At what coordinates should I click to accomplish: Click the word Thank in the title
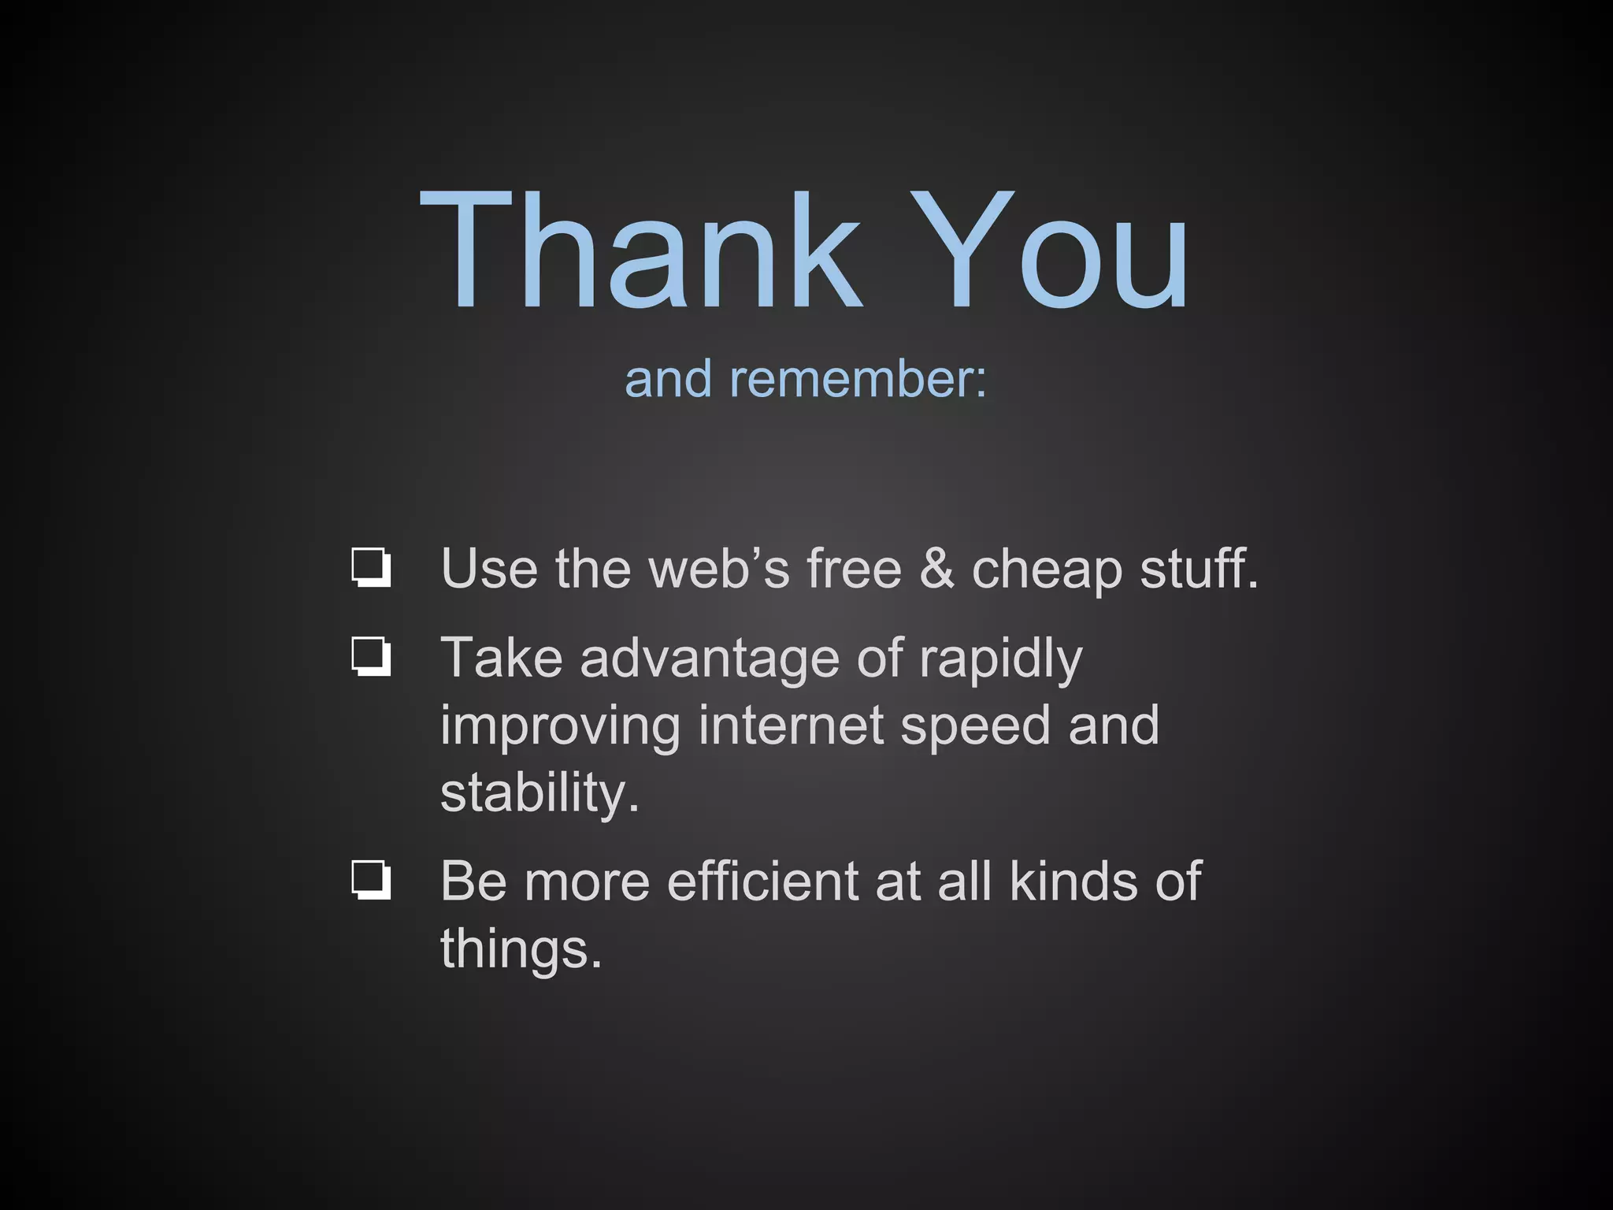[x=641, y=251]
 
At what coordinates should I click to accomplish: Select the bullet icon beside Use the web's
[x=371, y=568]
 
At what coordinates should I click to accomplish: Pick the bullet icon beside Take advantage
[x=371, y=657]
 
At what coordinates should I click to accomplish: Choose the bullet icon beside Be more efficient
[x=371, y=880]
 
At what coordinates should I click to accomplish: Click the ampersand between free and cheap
[x=936, y=568]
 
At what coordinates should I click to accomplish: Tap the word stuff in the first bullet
[x=1198, y=568]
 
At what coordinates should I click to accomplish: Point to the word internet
[x=791, y=726]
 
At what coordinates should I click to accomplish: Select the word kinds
[x=1073, y=881]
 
